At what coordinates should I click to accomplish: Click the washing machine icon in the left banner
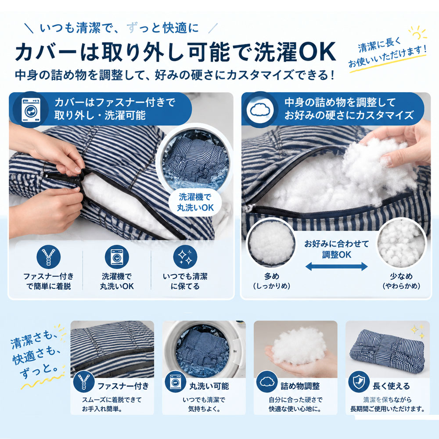(31, 110)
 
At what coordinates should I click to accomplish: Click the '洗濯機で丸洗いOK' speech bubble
(195, 202)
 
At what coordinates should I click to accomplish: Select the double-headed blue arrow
(336, 266)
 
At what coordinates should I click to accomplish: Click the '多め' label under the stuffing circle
(272, 276)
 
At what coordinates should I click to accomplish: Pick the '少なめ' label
(401, 276)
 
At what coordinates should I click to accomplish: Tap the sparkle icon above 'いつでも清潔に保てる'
(185, 257)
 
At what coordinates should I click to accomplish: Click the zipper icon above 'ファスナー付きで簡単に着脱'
(48, 257)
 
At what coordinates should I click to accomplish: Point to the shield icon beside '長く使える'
(359, 381)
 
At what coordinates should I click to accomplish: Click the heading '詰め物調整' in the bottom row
(300, 386)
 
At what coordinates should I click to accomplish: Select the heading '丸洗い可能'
(209, 386)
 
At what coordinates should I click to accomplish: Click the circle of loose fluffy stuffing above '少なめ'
(402, 242)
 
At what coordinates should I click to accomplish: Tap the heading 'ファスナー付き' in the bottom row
(123, 386)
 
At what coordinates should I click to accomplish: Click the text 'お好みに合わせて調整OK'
(336, 249)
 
